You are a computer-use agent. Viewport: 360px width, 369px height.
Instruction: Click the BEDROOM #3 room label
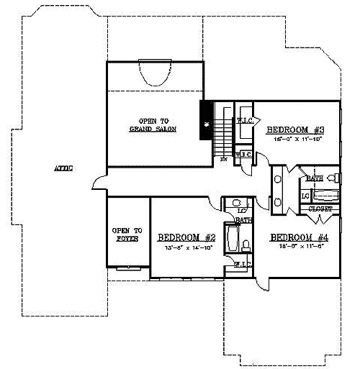(x=296, y=130)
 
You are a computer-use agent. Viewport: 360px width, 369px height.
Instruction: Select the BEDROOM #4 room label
(x=300, y=237)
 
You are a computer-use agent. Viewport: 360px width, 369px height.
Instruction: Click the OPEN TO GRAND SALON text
(x=153, y=124)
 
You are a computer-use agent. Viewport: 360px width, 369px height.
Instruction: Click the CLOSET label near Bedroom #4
(x=320, y=209)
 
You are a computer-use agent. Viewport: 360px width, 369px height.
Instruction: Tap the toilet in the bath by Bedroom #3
(x=332, y=178)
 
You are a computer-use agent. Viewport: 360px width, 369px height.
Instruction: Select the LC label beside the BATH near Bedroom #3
(x=305, y=195)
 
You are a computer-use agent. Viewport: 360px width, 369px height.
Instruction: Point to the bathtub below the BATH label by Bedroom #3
(x=326, y=194)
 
